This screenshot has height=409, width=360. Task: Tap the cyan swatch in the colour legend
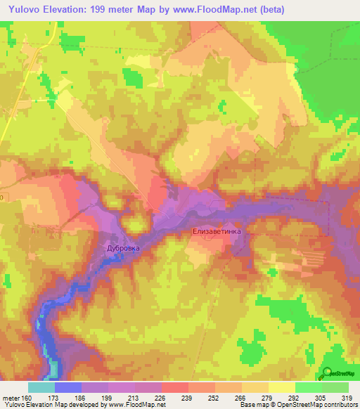[x=41, y=387]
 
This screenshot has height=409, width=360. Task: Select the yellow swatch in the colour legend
[x=281, y=387]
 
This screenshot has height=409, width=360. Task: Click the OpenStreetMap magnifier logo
[x=328, y=373]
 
